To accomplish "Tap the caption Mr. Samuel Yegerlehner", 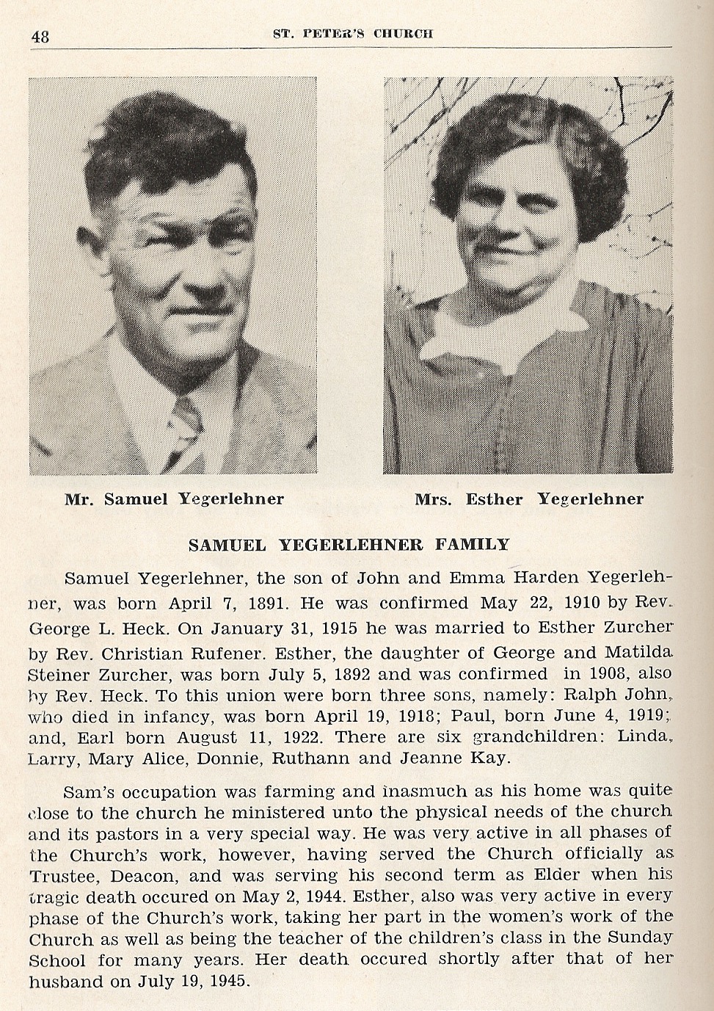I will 174,499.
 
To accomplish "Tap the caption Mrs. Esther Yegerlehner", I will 528,499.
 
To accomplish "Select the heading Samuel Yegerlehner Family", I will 349,545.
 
